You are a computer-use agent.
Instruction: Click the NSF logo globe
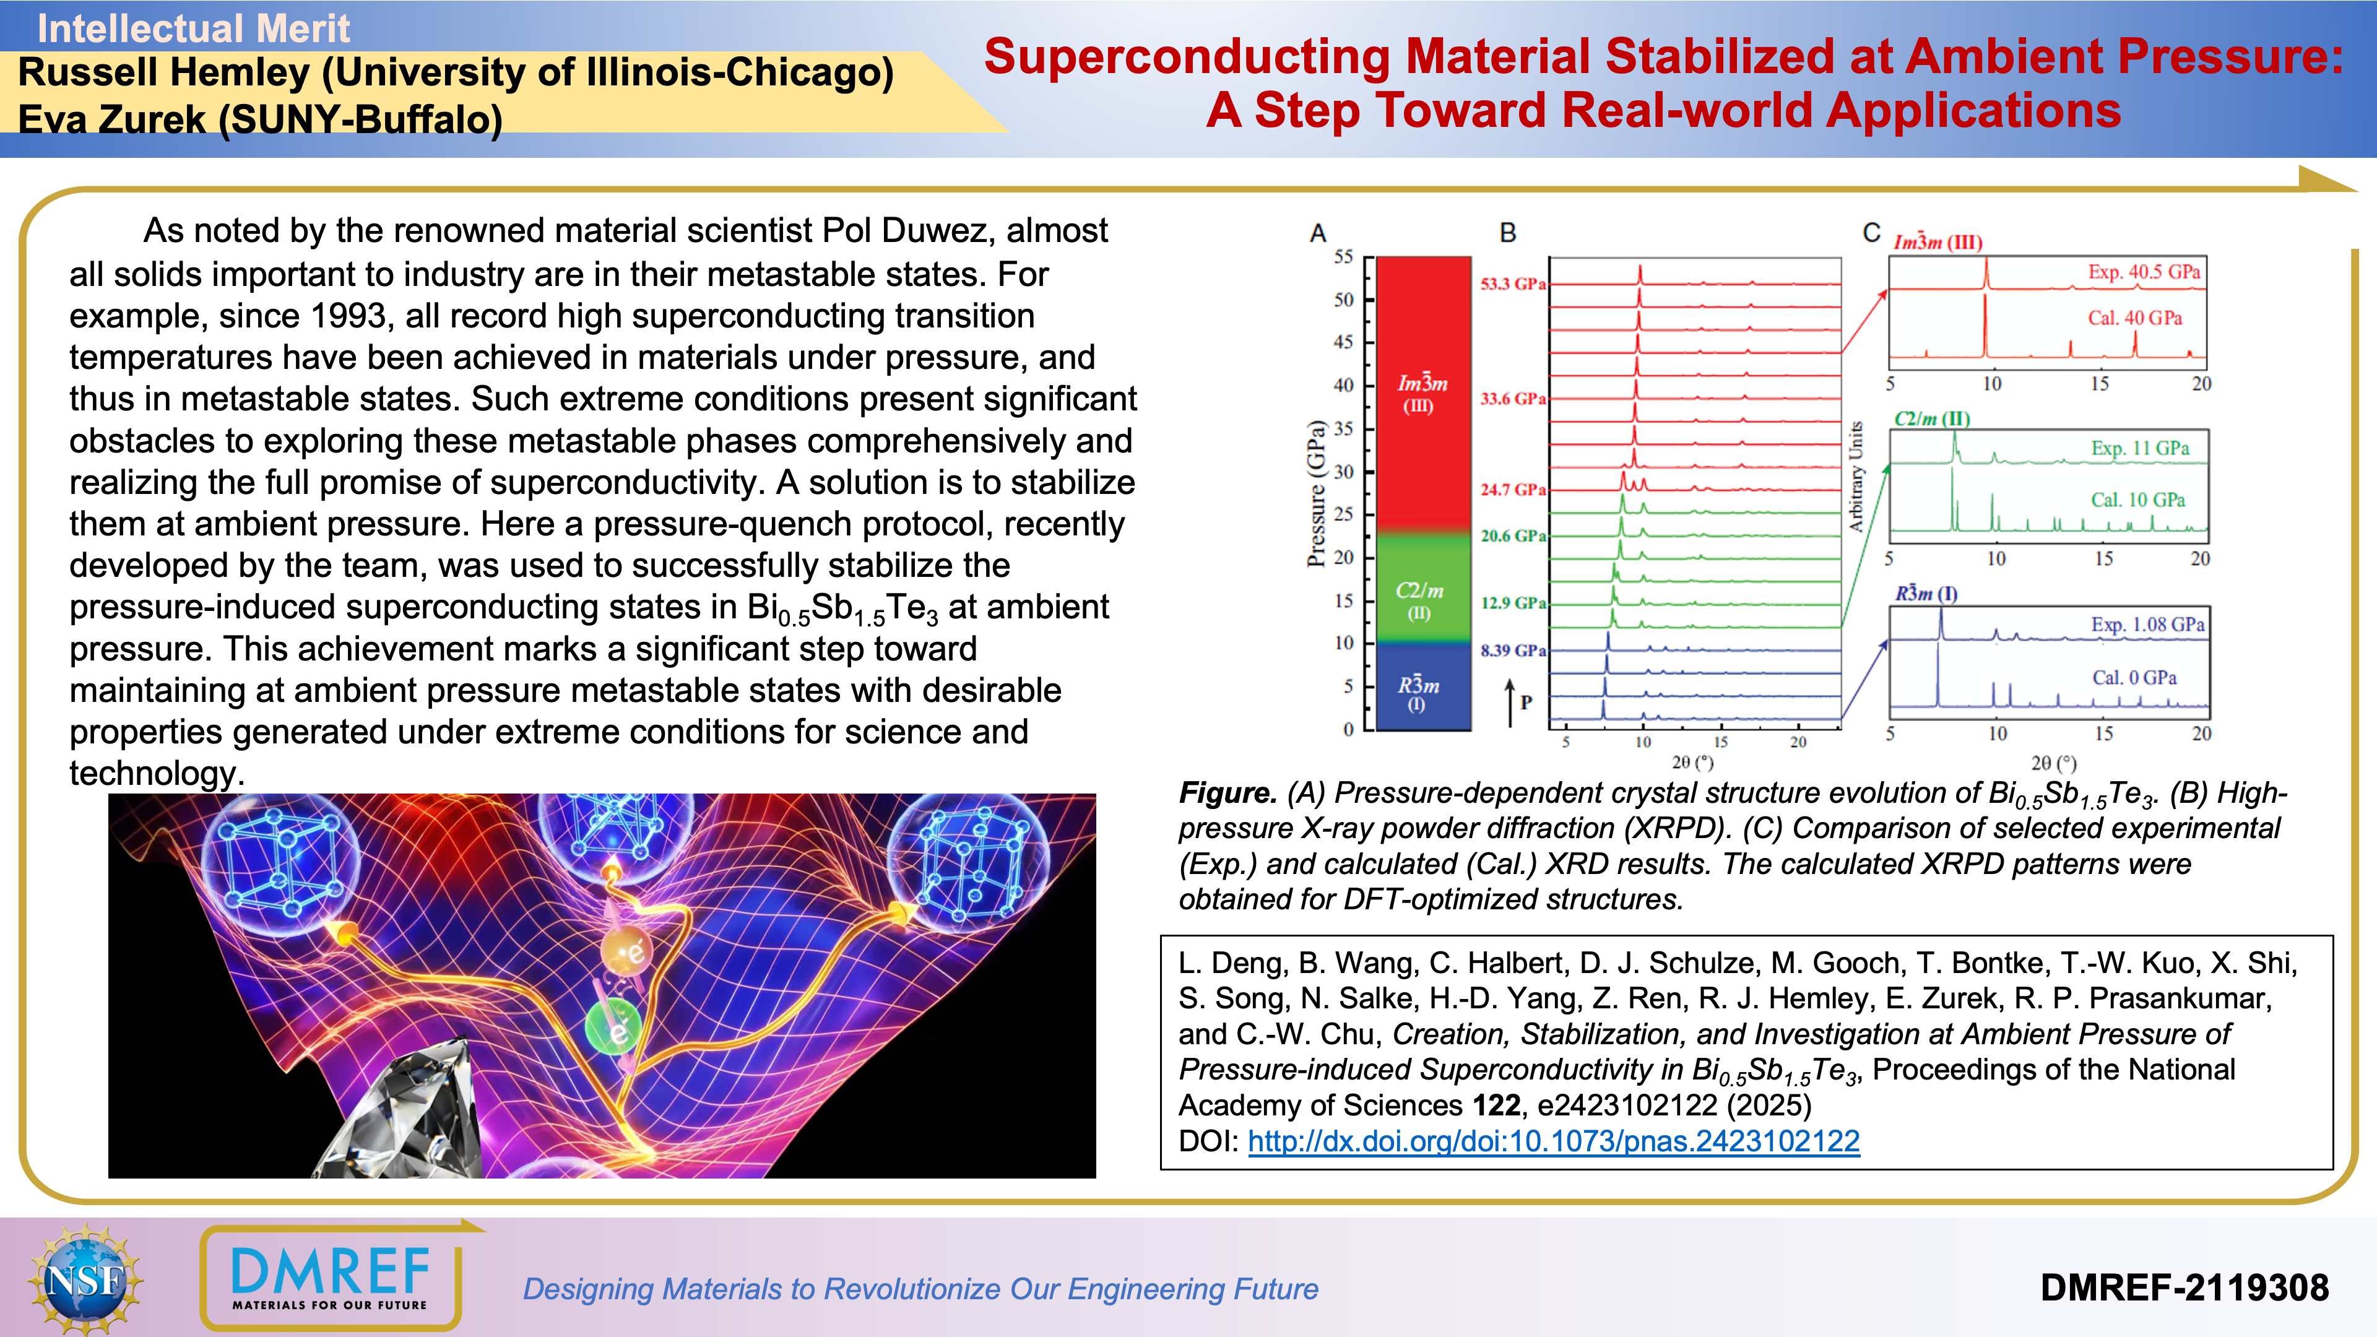tap(85, 1279)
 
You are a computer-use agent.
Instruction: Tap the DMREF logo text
tap(331, 1271)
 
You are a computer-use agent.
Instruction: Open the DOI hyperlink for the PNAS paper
tap(1553, 1141)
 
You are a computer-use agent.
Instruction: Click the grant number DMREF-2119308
tap(2184, 1288)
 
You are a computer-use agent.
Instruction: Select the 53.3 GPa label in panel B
tap(1512, 283)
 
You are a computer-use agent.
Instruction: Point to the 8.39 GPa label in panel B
tap(1512, 651)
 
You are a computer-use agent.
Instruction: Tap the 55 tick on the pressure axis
tap(1343, 256)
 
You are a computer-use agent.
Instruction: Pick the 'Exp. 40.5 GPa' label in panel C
tap(2144, 272)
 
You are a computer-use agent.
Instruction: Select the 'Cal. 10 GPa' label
tap(2137, 500)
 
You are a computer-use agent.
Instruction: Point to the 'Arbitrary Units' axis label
tap(1856, 476)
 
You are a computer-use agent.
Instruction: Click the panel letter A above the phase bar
tap(1318, 233)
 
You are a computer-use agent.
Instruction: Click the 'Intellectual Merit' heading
tap(193, 28)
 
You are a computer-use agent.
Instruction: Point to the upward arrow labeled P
tap(1510, 703)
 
